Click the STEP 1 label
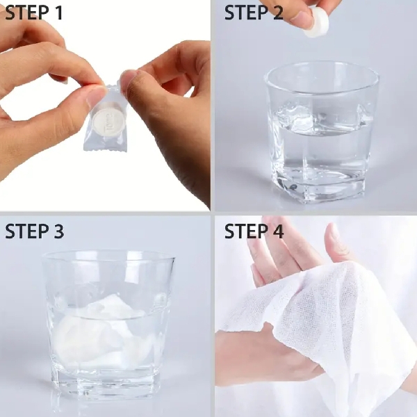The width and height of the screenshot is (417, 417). tap(34, 13)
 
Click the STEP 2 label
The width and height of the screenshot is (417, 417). tap(254, 13)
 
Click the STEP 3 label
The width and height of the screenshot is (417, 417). tap(34, 231)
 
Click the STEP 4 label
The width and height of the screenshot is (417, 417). tap(254, 231)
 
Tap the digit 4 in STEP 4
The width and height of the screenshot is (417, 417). tap(277, 231)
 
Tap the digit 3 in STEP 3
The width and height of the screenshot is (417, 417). tap(58, 231)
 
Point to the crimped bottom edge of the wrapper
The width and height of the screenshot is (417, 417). tap(105, 149)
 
